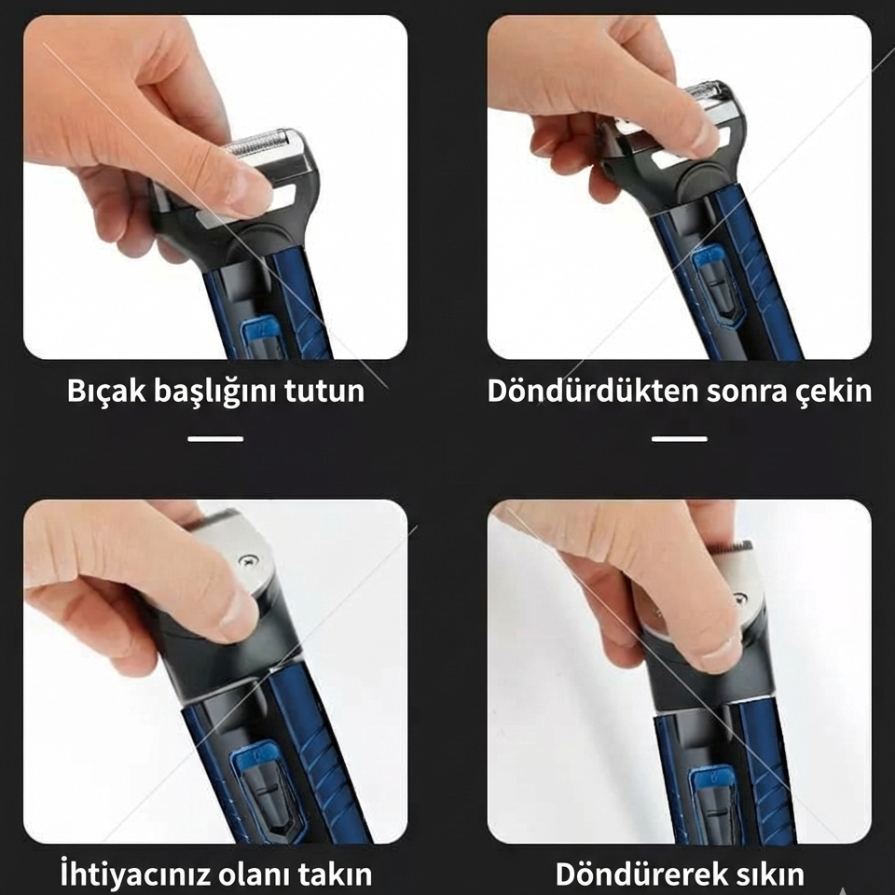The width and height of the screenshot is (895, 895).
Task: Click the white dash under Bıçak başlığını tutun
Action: pos(215,438)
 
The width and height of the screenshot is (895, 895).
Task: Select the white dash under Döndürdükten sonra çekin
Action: pos(680,438)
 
